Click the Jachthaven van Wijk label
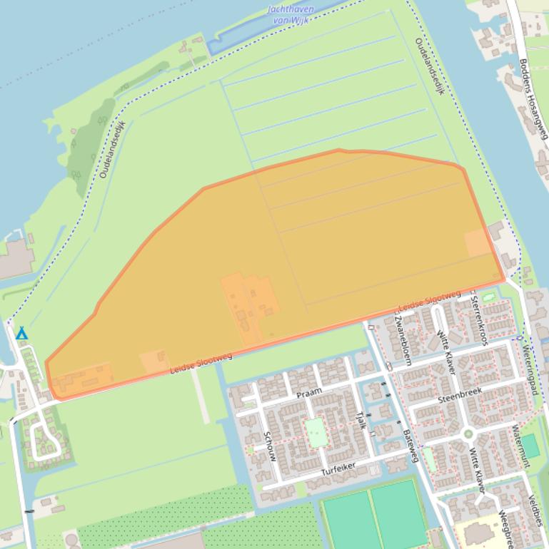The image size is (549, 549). coord(291,14)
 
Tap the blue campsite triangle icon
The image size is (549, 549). coord(21,333)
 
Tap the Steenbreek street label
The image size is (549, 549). coord(460,394)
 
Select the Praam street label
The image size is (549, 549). coord(309,393)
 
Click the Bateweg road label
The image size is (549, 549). coord(411,445)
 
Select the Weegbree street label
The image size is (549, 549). coord(505,528)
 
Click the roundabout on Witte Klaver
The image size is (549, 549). coord(468,433)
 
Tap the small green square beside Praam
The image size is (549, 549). coord(316,433)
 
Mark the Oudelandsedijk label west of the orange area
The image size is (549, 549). coord(112,149)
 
